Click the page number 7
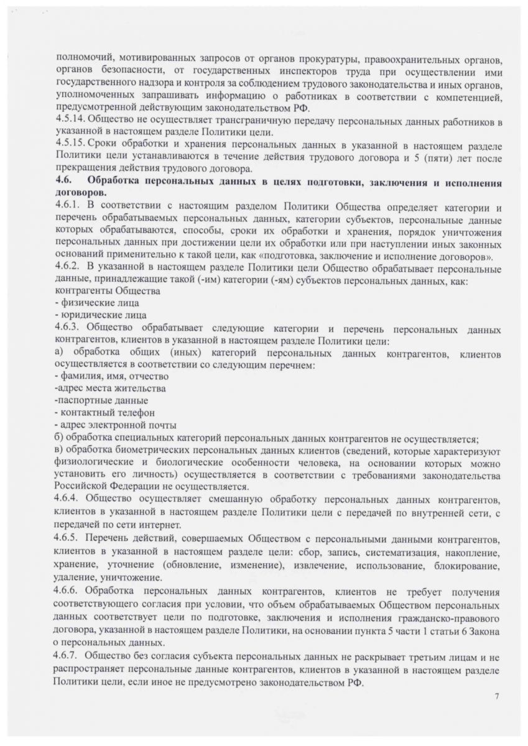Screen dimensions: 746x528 click(x=496, y=697)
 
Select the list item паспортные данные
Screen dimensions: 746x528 click(x=101, y=400)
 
